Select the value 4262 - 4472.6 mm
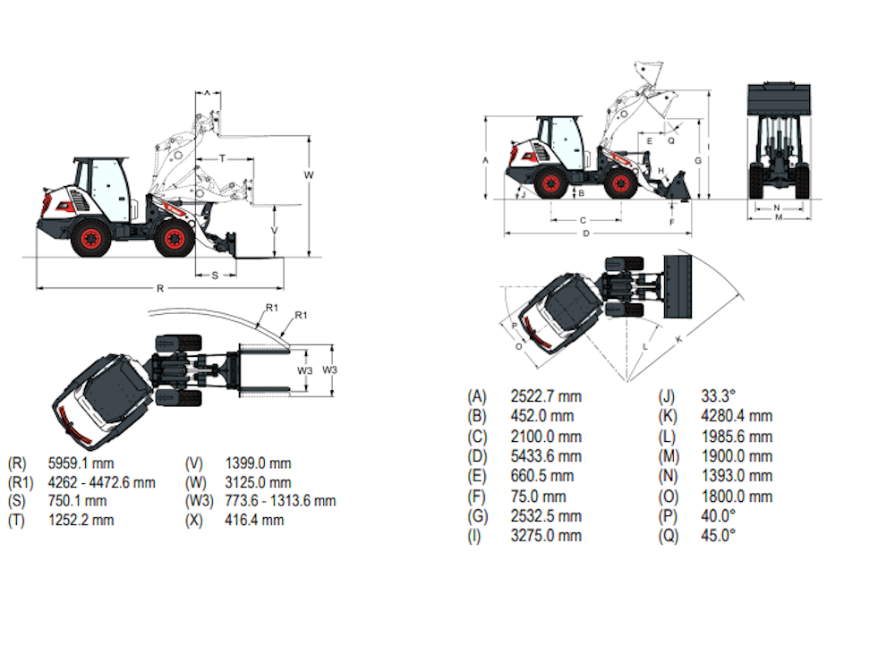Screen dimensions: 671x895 tap(101, 482)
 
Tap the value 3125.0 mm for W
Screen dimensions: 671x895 tap(258, 482)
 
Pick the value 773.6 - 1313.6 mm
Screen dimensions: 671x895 tap(280, 501)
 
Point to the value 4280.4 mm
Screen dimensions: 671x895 tap(737, 416)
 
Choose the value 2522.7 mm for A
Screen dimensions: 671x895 tap(546, 396)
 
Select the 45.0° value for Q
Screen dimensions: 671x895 tap(719, 535)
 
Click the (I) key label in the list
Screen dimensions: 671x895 tap(475, 535)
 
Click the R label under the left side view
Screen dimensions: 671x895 tap(159, 289)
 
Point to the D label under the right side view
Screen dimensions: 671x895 tap(586, 234)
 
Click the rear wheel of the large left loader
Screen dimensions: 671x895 tap(90, 239)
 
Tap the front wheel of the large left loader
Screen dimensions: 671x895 tap(174, 238)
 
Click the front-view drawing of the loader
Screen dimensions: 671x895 tap(779, 143)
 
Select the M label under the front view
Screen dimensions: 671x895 tap(779, 217)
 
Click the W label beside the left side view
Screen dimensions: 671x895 tap(309, 174)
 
